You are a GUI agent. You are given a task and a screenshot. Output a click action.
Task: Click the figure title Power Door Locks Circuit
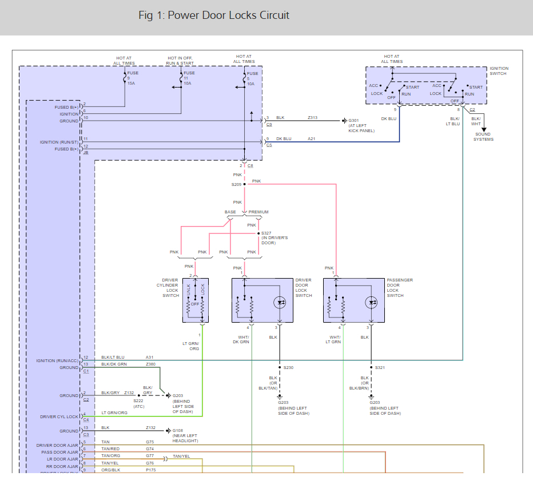pos(214,15)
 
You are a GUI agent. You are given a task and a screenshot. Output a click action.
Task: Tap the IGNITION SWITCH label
pos(499,72)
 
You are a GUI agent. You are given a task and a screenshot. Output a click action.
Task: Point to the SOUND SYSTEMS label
pos(483,137)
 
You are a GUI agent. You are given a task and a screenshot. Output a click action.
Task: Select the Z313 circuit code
pos(312,118)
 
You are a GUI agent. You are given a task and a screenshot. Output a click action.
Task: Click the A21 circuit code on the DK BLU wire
pos(311,138)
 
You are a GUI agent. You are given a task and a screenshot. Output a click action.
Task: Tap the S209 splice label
pos(236,185)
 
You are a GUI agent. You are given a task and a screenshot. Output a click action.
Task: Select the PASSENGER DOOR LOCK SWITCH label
pos(400,288)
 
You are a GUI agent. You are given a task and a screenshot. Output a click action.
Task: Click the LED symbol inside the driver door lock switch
pos(280,301)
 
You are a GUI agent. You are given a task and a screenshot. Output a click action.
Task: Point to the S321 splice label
pos(380,367)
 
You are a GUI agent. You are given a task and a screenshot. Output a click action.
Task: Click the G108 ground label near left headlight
pos(185,434)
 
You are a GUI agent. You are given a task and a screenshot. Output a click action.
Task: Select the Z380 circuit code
pos(150,364)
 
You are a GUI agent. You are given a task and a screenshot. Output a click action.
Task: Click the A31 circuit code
pos(149,357)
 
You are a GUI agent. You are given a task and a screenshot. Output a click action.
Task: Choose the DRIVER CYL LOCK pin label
pos(59,416)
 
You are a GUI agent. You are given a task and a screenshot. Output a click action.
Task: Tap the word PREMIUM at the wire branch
pos(258,212)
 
